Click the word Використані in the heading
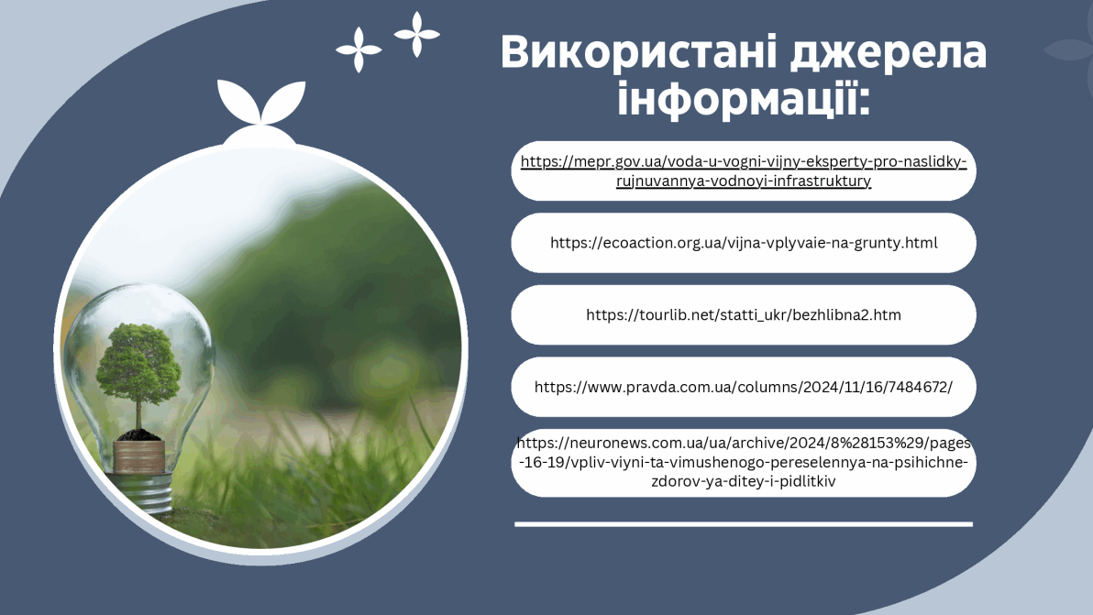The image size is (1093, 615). click(639, 51)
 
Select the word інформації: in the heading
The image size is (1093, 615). click(744, 97)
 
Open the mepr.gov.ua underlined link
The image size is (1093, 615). click(743, 170)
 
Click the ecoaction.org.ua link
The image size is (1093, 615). click(743, 242)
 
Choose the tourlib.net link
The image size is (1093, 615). click(743, 314)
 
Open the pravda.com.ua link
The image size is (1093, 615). click(743, 388)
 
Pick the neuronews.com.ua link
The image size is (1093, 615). click(743, 462)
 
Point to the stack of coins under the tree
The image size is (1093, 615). click(138, 456)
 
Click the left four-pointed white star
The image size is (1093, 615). click(359, 49)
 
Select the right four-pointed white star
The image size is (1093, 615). click(417, 34)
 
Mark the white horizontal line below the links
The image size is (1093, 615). click(743, 523)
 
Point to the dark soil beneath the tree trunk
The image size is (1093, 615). click(138, 435)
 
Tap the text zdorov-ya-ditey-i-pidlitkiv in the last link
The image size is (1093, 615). click(743, 481)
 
